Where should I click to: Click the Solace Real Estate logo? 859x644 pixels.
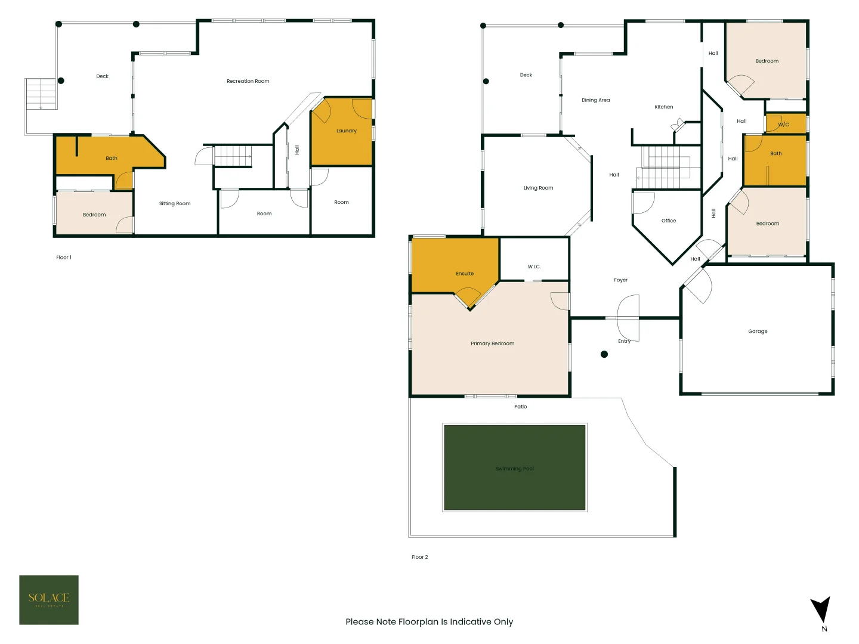[49, 599]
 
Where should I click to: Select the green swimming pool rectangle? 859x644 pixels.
[514, 467]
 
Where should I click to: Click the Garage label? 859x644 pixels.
[758, 332]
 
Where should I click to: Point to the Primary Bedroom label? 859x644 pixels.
[492, 343]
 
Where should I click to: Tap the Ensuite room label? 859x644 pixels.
[465, 274]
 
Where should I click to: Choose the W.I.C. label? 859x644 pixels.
[534, 267]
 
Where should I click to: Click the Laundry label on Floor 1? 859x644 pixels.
[346, 131]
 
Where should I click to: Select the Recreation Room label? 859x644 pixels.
[248, 81]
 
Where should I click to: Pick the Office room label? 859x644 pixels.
[669, 221]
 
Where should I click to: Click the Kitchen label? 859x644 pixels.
[663, 107]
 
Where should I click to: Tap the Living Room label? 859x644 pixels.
[538, 188]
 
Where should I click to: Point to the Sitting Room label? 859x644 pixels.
[175, 203]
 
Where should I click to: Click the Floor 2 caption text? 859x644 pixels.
[419, 557]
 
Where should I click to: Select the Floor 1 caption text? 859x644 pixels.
[64, 258]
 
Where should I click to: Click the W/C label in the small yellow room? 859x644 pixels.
[783, 125]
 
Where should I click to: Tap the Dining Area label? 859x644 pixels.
[595, 100]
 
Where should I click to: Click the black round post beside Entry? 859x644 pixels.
[604, 354]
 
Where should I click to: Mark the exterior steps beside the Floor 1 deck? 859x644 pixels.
[41, 94]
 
